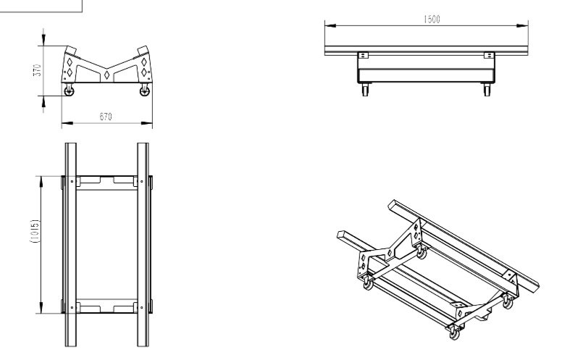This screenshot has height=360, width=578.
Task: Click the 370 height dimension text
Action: pyautogui.click(x=38, y=70)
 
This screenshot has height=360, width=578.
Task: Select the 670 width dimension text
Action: pyautogui.click(x=106, y=117)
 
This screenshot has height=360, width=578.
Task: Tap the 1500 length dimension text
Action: pyautogui.click(x=431, y=20)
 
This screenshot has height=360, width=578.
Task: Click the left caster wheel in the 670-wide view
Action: pyautogui.click(x=70, y=91)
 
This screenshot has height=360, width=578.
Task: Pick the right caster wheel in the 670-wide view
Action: pyautogui.click(x=143, y=91)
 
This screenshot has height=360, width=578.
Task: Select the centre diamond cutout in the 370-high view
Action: pyautogui.click(x=106, y=75)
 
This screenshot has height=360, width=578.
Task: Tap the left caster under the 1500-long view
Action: pyautogui.click(x=364, y=91)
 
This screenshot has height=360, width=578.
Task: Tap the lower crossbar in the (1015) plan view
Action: pyautogui.click(x=106, y=307)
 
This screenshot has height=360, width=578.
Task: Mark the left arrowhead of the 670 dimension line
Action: pyautogui.click(x=64, y=124)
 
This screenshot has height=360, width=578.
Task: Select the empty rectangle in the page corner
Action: pyautogui.click(x=41, y=6)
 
